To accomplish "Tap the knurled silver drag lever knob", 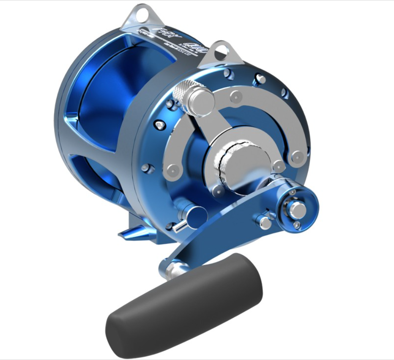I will click(198, 98).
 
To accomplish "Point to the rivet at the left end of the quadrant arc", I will click(172, 170).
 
